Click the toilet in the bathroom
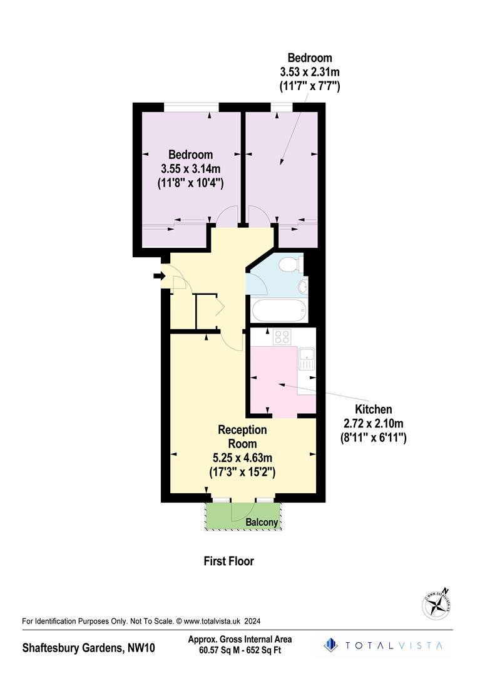click(x=289, y=264)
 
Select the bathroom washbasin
click(x=303, y=287)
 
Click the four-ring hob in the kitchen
click(x=282, y=337)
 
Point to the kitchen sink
click(x=306, y=359)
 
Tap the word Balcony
click(x=262, y=522)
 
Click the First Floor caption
click(x=229, y=561)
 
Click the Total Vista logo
click(x=384, y=645)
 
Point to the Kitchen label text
click(x=375, y=409)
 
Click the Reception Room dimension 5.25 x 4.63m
click(x=242, y=458)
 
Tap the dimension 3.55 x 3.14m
click(x=191, y=168)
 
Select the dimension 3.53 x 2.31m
click(x=310, y=72)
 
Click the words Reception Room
click(x=242, y=436)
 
